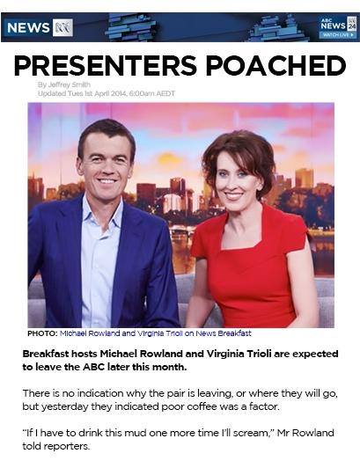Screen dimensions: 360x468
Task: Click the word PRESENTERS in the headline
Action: pyautogui.click(x=106, y=65)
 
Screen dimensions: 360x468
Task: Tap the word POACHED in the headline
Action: pyautogui.click(x=276, y=65)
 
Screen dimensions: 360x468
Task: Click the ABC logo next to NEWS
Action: pyautogui.click(x=62, y=28)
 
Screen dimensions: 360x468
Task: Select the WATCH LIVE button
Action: pyautogui.click(x=338, y=35)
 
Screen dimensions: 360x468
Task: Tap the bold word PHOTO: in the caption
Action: pyautogui.click(x=42, y=333)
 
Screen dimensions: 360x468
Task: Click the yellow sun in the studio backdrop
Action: pyautogui.click(x=169, y=159)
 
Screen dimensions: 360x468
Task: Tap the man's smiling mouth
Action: pyautogui.click(x=107, y=181)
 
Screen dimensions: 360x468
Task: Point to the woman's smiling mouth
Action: pyautogui.click(x=233, y=195)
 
